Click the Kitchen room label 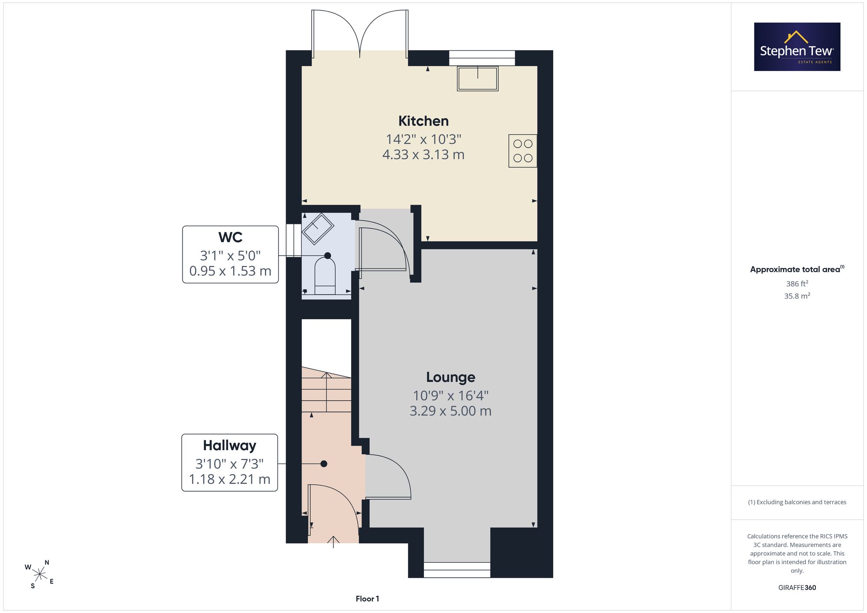424,121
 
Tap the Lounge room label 450,377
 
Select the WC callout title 230,237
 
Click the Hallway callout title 230,446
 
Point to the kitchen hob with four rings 523,151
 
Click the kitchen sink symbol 478,78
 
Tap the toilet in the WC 325,276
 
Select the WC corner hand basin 318,228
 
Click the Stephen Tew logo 797,47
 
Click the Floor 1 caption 367,599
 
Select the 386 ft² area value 797,284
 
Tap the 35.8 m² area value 797,296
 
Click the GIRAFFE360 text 797,588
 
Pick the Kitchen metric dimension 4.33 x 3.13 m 424,155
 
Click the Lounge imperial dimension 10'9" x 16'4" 450,396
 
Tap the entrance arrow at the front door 333,542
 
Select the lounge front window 457,570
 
